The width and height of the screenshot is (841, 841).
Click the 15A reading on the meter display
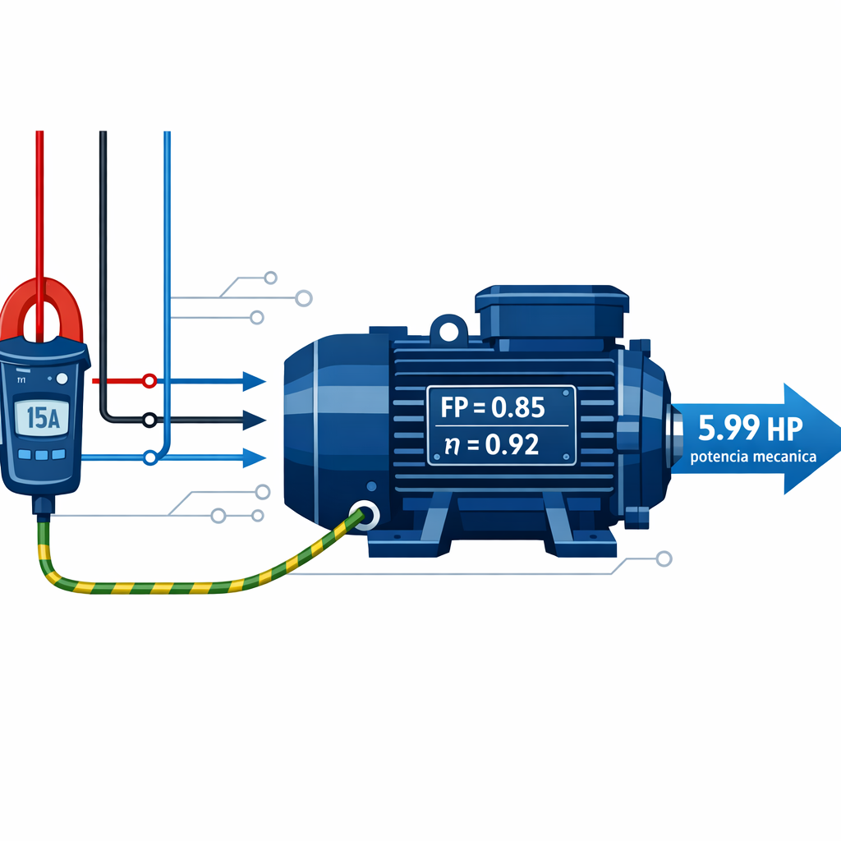pos(43,418)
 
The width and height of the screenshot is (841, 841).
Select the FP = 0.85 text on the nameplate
pos(493,407)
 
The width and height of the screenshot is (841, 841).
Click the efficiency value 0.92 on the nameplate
pos(512,444)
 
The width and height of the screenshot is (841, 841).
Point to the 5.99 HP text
pos(750,428)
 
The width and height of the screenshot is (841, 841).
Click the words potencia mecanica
pos(753,457)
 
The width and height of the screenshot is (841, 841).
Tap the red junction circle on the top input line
pos(149,381)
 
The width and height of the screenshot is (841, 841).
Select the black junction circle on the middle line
pos(149,420)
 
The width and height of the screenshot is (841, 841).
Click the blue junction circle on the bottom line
pos(150,458)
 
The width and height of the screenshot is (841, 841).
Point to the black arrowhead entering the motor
pos(255,420)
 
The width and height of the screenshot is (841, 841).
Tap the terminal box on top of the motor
pos(552,316)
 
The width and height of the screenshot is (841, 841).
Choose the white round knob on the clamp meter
pos(62,379)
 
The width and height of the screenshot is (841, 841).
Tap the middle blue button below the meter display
pos(42,455)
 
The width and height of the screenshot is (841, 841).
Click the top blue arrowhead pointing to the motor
pos(255,381)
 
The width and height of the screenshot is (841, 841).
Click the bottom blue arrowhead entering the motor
pos(255,457)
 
